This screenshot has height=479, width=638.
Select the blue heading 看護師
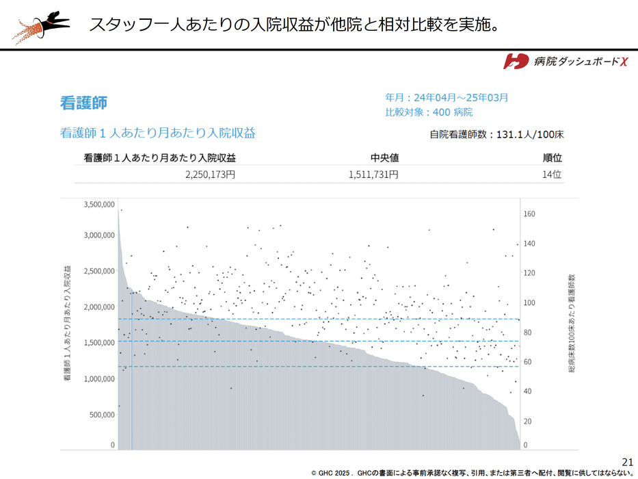(83, 103)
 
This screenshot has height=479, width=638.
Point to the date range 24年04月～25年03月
(447, 98)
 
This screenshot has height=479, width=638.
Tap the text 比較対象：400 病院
(429, 112)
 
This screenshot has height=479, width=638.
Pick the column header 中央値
(384, 158)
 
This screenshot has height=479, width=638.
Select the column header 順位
(552, 158)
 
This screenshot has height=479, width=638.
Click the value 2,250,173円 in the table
(210, 174)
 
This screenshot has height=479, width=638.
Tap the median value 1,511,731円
(373, 174)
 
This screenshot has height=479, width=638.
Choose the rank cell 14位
(552, 174)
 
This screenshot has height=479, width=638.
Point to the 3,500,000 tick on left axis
(98, 204)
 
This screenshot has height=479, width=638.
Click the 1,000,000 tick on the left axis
(98, 378)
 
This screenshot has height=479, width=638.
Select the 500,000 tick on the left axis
(101, 414)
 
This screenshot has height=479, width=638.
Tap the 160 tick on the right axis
(529, 214)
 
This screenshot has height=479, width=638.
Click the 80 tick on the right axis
(528, 333)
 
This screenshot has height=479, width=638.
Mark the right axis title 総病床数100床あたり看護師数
(572, 324)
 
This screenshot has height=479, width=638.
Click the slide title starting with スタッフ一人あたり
(293, 25)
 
